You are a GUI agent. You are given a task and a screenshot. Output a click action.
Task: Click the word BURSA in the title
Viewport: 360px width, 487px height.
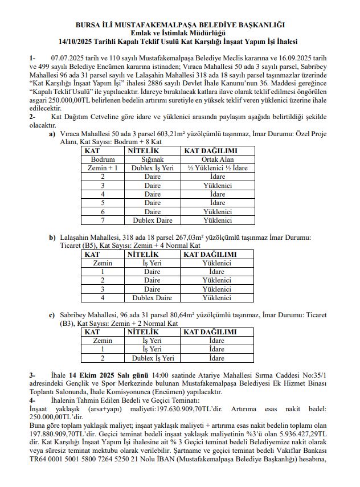tap(87, 25)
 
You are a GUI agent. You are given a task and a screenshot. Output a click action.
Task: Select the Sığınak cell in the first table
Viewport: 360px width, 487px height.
tap(152, 160)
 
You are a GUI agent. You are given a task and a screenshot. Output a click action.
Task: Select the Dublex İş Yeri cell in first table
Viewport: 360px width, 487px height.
tap(152, 169)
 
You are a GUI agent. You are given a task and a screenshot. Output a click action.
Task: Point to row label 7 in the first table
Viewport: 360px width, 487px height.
tap(103, 220)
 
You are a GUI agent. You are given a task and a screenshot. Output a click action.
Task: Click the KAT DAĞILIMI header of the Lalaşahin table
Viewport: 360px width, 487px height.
tap(209, 254)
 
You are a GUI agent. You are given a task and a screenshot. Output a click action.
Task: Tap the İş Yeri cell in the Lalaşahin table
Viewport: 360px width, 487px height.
tap(152, 263)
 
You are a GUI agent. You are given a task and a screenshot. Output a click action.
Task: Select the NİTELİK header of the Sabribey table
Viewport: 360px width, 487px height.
tap(143, 332)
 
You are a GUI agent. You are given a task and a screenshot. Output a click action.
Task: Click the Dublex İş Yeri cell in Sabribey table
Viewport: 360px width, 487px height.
tap(152, 358)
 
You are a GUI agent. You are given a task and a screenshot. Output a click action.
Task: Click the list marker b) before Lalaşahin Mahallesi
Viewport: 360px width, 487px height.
tap(52, 237)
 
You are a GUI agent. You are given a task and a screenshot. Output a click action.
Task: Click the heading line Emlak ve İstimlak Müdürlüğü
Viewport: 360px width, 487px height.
tap(179, 33)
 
